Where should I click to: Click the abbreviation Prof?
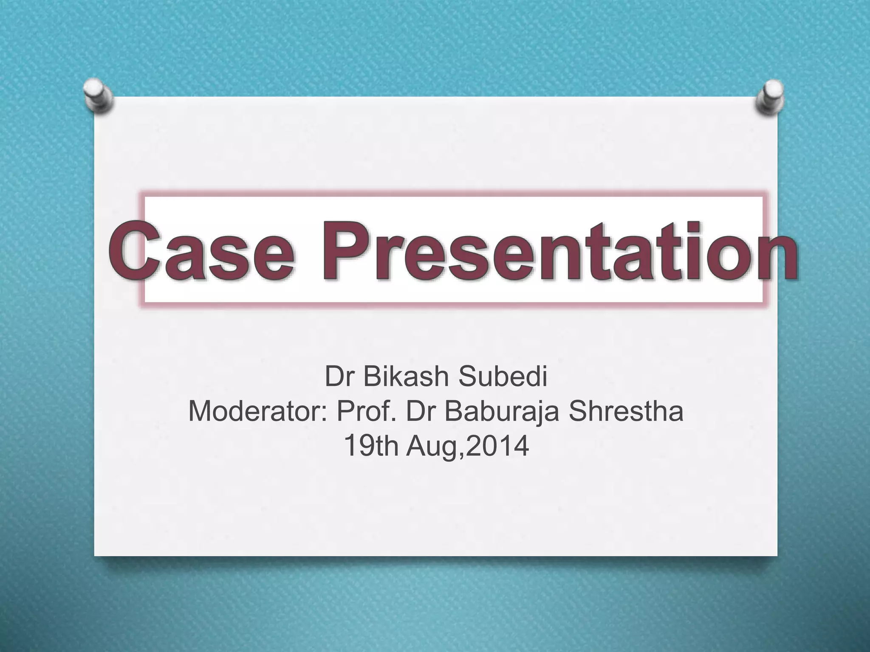point(367,411)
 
